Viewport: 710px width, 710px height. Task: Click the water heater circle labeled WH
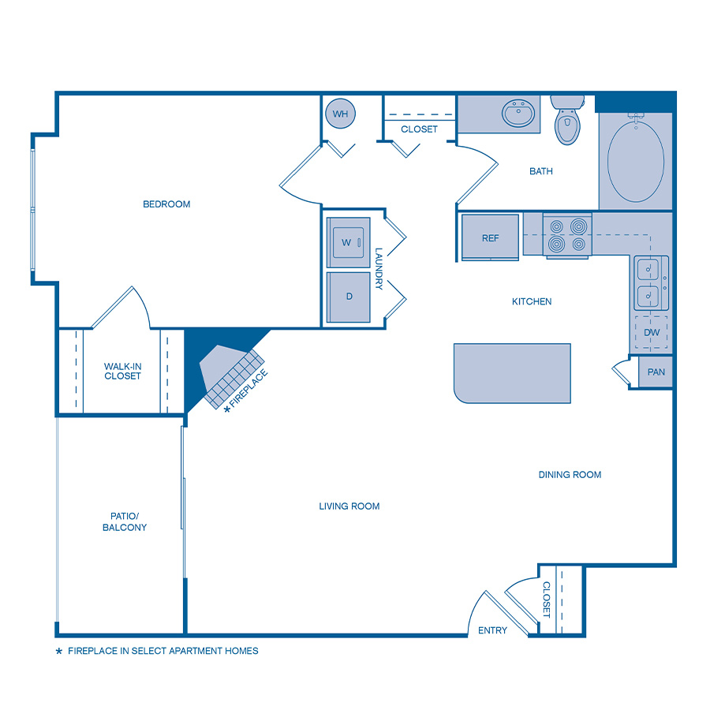[340, 114]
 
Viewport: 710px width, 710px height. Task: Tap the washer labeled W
[348, 242]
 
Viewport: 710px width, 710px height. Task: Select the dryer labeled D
[348, 297]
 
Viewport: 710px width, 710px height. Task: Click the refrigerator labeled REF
[490, 237]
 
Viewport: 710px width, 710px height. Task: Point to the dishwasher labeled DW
[652, 332]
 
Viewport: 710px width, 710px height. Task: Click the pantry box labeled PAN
[656, 372]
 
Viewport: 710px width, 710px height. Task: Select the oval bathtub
[635, 160]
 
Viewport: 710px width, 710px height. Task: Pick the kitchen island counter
[512, 373]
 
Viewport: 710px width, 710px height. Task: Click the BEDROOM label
[166, 204]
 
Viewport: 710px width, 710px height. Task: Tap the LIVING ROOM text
[349, 506]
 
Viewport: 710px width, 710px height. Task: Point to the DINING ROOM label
[570, 475]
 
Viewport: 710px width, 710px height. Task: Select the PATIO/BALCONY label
[125, 521]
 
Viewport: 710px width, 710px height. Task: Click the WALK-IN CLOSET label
[122, 371]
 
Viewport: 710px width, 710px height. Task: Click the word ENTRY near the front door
[493, 630]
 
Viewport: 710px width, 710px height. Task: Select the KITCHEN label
[532, 301]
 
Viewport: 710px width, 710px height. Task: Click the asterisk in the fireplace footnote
[58, 652]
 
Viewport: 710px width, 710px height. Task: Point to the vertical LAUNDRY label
[379, 269]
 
